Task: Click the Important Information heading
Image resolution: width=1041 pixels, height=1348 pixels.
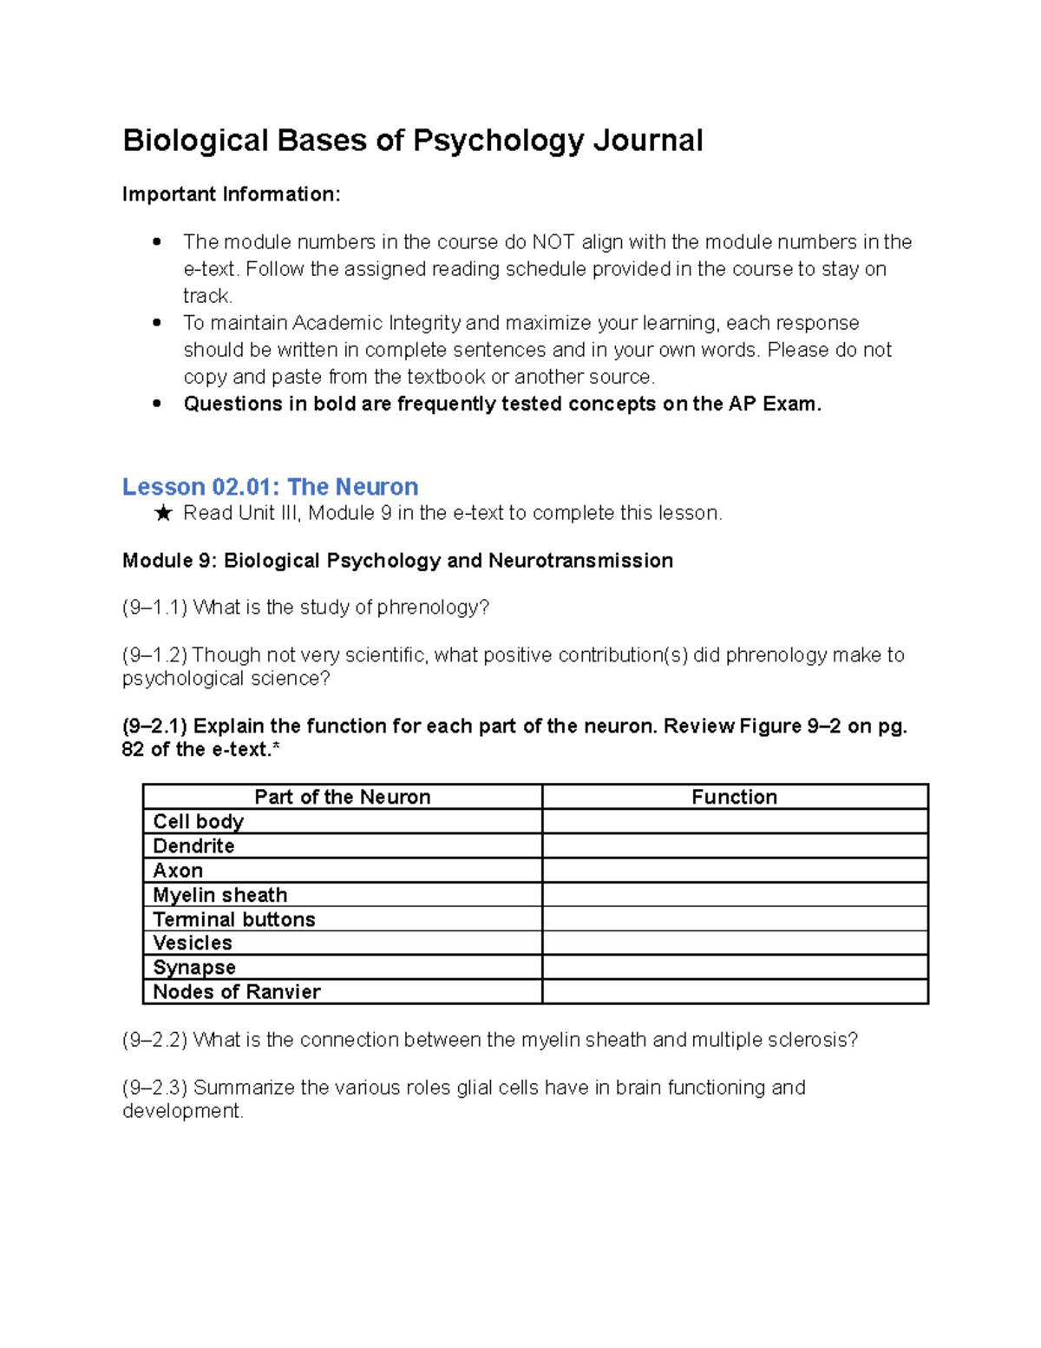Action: [232, 194]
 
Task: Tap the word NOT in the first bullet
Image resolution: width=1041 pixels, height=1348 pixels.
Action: [553, 242]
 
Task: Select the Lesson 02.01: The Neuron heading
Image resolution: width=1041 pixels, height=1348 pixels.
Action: [270, 486]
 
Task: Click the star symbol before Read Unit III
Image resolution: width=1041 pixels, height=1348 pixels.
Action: [163, 514]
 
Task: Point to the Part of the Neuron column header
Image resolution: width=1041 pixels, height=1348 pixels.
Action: [342, 797]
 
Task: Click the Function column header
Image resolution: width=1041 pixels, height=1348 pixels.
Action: [734, 797]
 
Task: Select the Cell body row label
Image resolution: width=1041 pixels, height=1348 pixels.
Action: [198, 821]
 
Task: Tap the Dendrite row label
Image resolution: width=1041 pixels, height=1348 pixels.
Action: [193, 845]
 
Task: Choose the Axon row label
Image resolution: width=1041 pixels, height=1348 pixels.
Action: [178, 870]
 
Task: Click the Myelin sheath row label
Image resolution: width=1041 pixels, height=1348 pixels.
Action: [219, 895]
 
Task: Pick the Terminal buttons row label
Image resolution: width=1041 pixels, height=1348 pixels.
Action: [233, 919]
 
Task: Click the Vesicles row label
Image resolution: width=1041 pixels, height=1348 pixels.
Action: [192, 943]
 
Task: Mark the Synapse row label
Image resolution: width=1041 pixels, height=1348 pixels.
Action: [193, 967]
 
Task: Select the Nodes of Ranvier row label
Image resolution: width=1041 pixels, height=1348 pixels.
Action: [236, 991]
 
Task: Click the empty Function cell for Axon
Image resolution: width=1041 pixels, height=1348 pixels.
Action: [734, 870]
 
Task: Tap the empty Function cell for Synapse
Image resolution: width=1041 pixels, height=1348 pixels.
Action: [734, 967]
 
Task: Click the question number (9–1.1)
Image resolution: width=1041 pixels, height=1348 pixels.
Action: [155, 608]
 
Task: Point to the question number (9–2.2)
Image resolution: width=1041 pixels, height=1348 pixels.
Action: [155, 1040]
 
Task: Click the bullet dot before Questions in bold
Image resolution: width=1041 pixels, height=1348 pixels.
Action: [157, 404]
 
